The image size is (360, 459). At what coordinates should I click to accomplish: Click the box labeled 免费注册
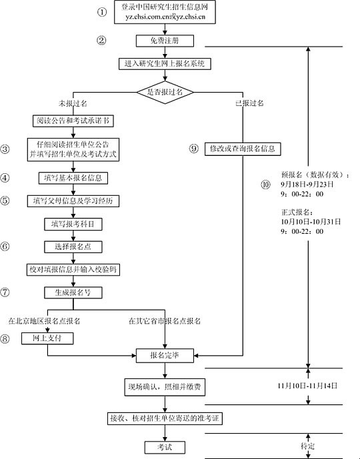pos(165,41)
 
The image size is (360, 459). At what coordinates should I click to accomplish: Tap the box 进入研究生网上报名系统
pos(165,63)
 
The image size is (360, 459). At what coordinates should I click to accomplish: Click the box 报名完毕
pos(165,355)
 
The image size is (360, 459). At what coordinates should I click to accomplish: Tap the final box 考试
pos(165,446)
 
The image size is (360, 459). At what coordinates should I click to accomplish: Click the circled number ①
pos(101,12)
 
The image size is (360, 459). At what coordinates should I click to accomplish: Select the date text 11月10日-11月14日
pos(308,386)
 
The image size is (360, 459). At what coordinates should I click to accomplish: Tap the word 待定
pos(308,444)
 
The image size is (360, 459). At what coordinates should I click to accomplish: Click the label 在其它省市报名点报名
pos(165,321)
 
